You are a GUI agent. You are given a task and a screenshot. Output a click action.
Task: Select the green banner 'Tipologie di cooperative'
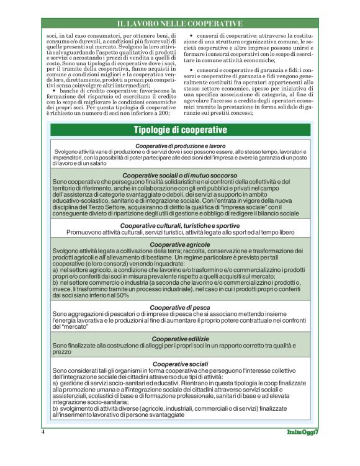(180, 130)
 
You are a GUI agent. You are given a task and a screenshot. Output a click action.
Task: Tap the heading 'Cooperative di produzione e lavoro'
(180, 145)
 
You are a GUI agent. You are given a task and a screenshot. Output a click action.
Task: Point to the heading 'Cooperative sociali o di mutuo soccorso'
(180, 176)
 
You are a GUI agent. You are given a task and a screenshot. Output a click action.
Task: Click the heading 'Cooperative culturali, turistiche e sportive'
(180, 225)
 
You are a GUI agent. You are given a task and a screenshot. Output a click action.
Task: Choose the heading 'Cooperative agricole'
(180, 244)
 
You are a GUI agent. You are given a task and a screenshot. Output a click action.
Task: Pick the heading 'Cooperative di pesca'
(180, 307)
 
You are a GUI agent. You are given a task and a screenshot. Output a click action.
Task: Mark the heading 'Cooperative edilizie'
(180, 338)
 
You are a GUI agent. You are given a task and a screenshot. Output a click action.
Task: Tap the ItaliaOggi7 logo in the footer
(302, 431)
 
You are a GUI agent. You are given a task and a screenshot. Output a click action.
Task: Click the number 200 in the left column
(163, 113)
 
